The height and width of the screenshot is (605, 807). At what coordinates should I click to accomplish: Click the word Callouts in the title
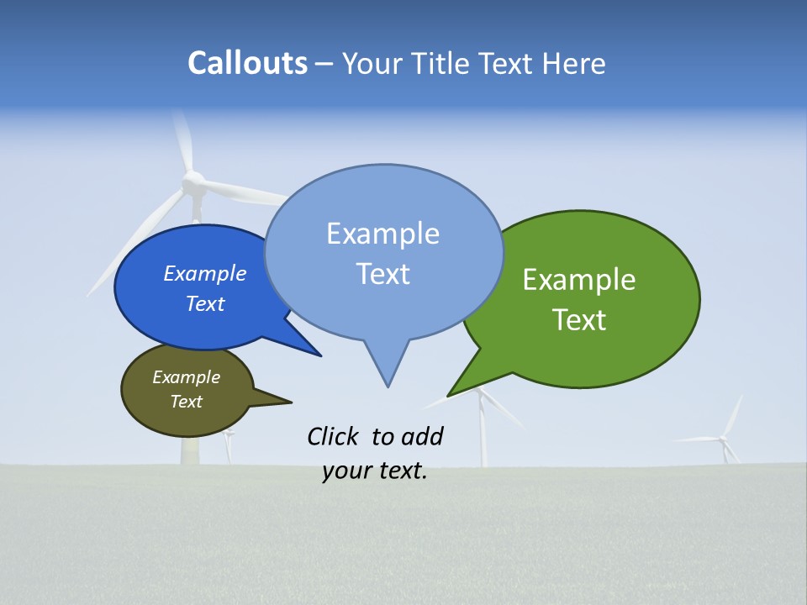pyautogui.click(x=247, y=63)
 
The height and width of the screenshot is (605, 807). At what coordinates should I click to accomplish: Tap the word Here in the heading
pyautogui.click(x=574, y=63)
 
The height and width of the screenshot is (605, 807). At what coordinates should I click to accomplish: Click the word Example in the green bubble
pyautogui.click(x=579, y=280)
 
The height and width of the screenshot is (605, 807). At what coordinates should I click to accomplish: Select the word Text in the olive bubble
pyautogui.click(x=187, y=402)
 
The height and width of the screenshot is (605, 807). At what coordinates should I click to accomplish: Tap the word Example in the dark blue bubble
pyautogui.click(x=205, y=273)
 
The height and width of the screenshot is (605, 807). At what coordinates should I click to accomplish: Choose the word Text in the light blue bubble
pyautogui.click(x=383, y=274)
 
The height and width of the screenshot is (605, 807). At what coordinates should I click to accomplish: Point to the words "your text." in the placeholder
pyautogui.click(x=375, y=471)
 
